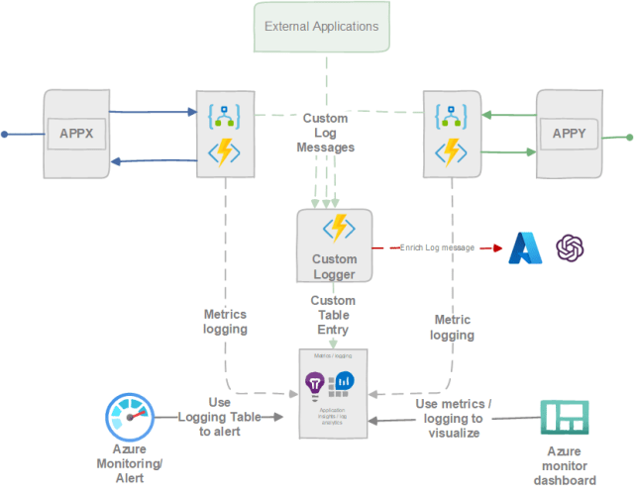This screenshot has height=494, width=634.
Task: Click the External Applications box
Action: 322,26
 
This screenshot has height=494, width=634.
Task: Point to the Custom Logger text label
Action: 335,266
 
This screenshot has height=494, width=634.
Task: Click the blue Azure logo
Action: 525,247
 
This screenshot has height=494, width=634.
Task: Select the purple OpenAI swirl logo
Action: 572,247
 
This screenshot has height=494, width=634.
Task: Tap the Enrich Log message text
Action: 438,247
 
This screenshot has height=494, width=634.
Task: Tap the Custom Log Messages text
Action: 326,132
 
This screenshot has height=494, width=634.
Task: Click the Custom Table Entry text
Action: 333,315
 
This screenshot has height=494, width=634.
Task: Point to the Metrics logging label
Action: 226,322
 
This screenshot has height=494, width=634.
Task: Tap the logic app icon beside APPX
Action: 225,116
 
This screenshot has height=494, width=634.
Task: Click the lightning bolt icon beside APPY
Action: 452,151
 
